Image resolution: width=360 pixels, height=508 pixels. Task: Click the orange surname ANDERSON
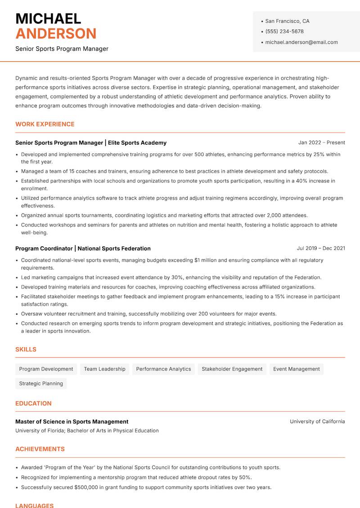56,34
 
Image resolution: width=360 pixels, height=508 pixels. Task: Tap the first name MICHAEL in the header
48,18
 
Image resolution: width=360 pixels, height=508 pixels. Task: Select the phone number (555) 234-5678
284,31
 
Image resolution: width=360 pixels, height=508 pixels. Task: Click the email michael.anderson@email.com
301,42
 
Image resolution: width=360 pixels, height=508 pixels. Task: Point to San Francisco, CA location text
287,21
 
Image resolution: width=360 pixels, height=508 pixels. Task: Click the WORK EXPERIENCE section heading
45,124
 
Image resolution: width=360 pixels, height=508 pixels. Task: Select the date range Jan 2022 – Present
321,143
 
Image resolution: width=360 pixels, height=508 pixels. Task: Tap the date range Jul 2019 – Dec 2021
321,248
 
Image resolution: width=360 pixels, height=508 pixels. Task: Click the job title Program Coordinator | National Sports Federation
83,249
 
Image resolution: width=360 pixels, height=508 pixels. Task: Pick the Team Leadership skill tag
104,369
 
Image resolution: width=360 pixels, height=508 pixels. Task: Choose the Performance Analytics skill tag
163,369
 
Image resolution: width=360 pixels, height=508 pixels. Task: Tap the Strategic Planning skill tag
41,383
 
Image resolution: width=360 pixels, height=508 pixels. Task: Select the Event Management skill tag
296,369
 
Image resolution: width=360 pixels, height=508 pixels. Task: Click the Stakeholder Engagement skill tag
232,369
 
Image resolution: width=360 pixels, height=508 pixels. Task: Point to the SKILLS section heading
26,349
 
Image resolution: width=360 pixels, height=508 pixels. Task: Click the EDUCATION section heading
33,403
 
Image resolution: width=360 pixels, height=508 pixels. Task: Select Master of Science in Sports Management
72,422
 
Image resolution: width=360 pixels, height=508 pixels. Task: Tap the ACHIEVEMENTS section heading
40,449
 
